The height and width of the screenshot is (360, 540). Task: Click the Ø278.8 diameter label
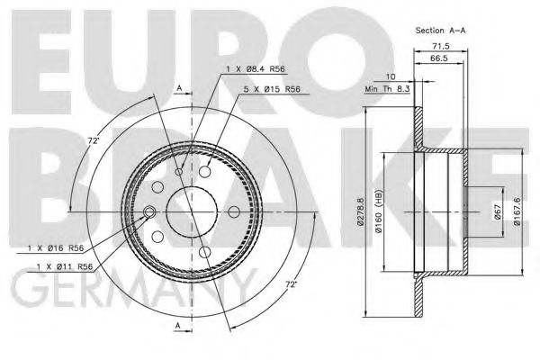362,212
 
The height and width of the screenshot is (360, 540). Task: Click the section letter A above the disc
180,88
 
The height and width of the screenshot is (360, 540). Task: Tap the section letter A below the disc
180,326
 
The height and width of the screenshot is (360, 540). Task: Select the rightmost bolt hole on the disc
234,211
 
